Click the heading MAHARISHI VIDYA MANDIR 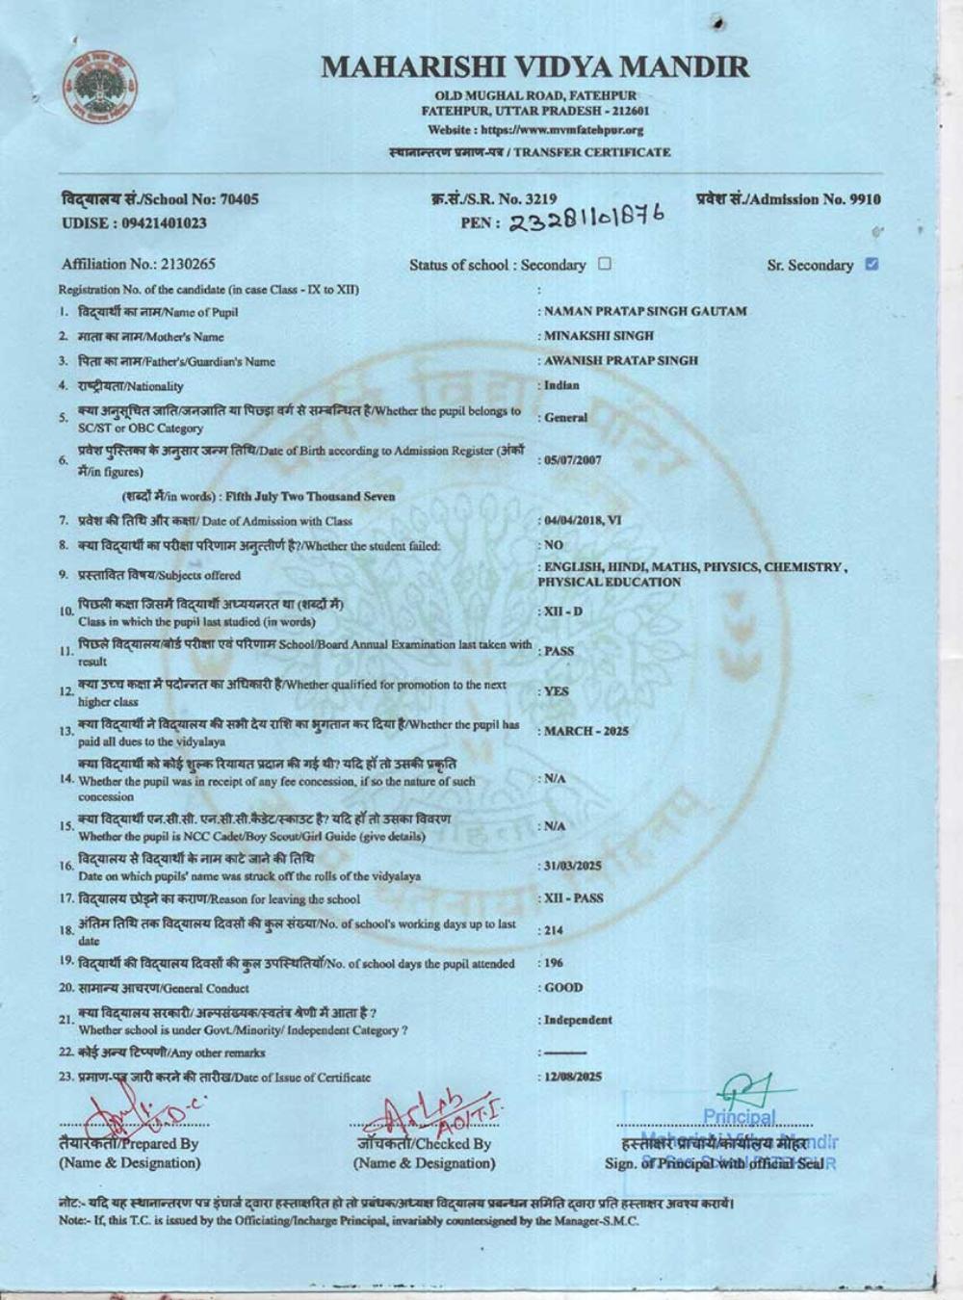click(534, 66)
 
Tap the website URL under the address click(535, 130)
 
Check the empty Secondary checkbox click(605, 263)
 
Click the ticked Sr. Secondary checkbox click(872, 264)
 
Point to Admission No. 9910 click(788, 199)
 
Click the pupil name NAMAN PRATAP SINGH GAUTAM click(645, 311)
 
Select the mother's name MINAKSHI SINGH click(599, 336)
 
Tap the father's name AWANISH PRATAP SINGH click(621, 360)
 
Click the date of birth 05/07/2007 click(573, 460)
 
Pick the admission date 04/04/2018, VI click(583, 521)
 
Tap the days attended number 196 click(554, 963)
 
